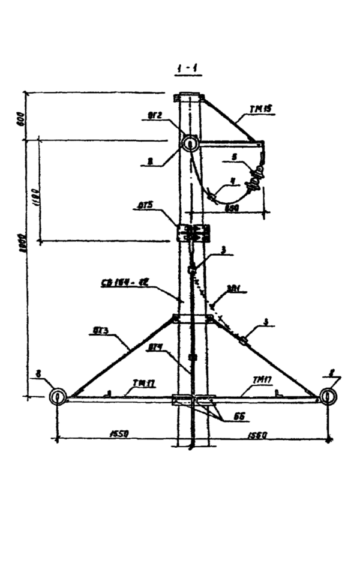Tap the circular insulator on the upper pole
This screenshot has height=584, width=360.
pyautogui.click(x=191, y=144)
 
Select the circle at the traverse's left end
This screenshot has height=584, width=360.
pyautogui.click(x=57, y=396)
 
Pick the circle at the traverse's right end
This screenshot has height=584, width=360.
pyautogui.click(x=328, y=396)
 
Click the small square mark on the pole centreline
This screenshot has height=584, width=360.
pyautogui.click(x=192, y=357)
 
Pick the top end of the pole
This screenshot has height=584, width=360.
pyautogui.click(x=191, y=96)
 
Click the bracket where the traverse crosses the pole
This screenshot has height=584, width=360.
pyautogui.click(x=191, y=400)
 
